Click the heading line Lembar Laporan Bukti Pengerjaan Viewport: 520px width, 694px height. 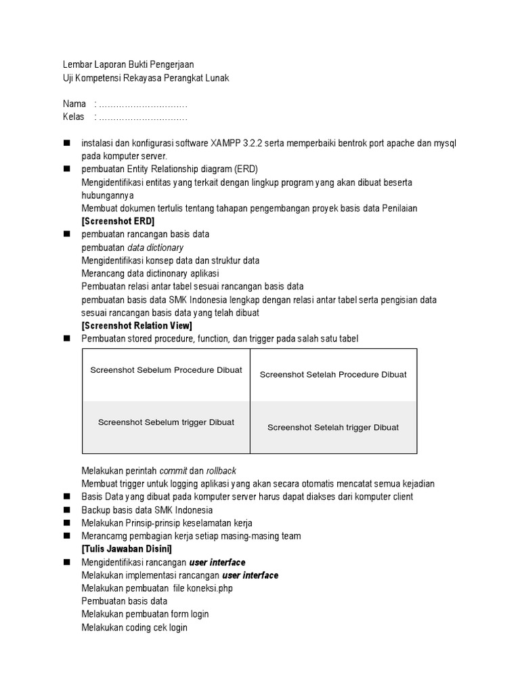(128, 65)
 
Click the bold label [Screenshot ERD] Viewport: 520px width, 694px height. (118, 222)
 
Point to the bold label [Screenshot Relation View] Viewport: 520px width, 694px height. (137, 326)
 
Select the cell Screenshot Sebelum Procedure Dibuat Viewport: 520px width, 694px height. (166, 371)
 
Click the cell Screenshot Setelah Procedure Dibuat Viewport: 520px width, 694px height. (333, 374)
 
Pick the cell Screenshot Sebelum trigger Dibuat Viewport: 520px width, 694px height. (166, 422)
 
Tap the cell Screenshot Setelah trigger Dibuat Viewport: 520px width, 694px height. (333, 427)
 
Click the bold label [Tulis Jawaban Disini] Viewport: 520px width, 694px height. (127, 548)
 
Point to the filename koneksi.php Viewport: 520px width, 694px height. (209, 588)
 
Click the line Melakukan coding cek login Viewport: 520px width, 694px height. (134, 628)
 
